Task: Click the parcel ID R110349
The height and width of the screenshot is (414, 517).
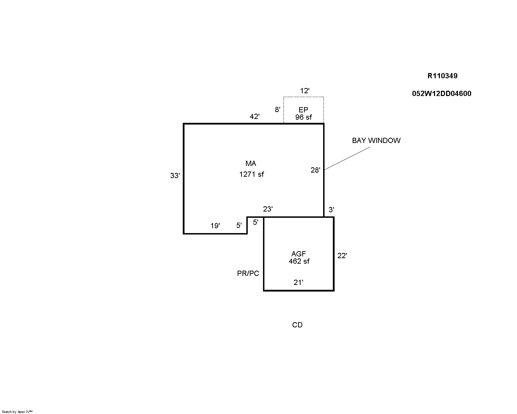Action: (x=442, y=76)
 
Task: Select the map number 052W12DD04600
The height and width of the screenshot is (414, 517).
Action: (x=442, y=94)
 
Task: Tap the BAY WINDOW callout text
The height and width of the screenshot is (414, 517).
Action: (x=376, y=141)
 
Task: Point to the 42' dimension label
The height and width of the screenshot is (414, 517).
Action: (x=255, y=117)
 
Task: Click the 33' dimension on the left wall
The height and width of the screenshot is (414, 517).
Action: (x=175, y=176)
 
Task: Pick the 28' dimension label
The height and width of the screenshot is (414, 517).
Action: (x=315, y=170)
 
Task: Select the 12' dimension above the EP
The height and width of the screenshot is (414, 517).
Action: (x=304, y=91)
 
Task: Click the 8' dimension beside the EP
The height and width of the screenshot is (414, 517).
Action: (x=277, y=110)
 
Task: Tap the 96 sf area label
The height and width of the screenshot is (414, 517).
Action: (x=303, y=117)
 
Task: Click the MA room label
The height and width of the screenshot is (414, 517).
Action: (x=251, y=164)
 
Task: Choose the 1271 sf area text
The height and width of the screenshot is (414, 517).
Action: (x=251, y=174)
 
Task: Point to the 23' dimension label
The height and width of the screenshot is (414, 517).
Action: (x=268, y=209)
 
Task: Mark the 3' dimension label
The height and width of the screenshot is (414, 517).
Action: (x=331, y=210)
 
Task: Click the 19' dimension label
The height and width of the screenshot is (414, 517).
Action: (x=215, y=226)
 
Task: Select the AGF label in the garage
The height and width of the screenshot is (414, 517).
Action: (x=298, y=254)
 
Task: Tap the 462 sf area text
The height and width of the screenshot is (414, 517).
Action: (x=299, y=261)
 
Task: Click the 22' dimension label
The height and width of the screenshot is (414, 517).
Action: (x=342, y=256)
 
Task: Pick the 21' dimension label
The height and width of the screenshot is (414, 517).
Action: (x=298, y=282)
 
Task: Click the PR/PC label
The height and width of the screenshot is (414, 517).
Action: (x=248, y=273)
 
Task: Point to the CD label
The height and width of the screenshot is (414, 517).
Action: (x=297, y=325)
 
